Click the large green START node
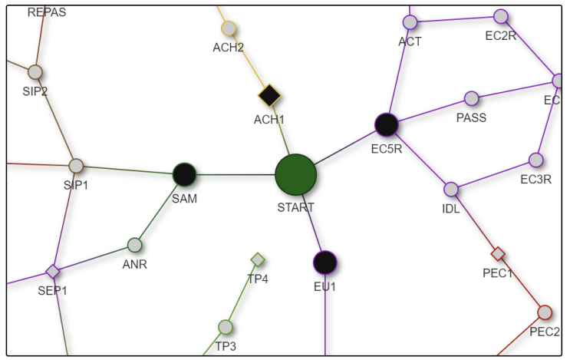pos(295,175)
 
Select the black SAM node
pos(184,174)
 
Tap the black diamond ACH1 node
pos(269,96)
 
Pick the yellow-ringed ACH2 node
pos(228,28)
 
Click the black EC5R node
pos(386,124)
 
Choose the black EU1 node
pos(325,263)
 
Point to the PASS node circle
pos(472,98)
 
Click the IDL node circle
pos(451,189)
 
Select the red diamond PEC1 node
pos(498,253)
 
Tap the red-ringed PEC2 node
pos(545,312)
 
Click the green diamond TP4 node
pos(258,259)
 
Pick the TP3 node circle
pos(225,327)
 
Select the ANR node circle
pos(135,245)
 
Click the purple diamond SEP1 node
pos(52,271)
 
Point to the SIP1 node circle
pos(76,165)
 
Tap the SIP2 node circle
pos(35,72)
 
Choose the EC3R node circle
pos(536,160)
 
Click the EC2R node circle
pos(501,16)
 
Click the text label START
pos(295,207)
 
